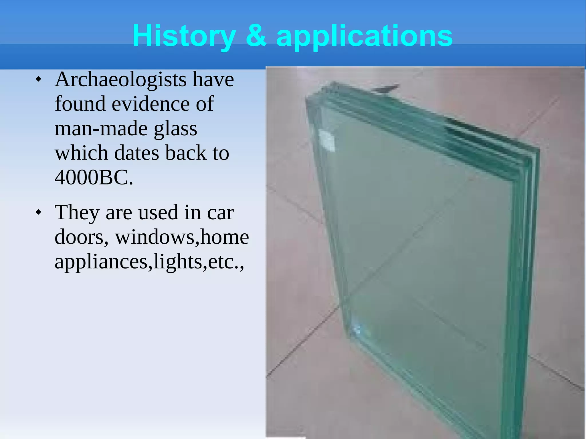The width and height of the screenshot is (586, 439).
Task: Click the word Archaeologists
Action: pyautogui.click(x=120, y=80)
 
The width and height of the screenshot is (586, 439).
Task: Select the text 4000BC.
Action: pyautogui.click(x=94, y=178)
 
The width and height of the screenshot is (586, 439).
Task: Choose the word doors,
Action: pyautogui.click(x=82, y=237)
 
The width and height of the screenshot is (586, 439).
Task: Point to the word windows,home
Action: pyautogui.click(x=182, y=237)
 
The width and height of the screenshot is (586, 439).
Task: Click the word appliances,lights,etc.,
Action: pyautogui.click(x=149, y=262)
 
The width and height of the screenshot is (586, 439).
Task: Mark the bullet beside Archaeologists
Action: pyautogui.click(x=38, y=79)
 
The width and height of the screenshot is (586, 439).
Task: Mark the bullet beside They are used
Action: pyautogui.click(x=38, y=212)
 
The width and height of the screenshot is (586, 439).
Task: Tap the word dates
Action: pyautogui.click(x=136, y=153)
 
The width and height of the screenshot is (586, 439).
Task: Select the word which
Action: pyautogui.click(x=81, y=153)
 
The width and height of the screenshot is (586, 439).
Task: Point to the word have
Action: pyautogui.click(x=213, y=80)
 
